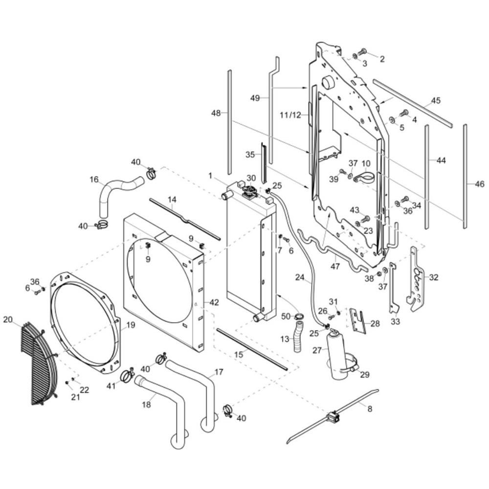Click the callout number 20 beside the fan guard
coord(8,320)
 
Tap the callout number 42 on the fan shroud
coord(214,302)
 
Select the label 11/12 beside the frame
coord(290,115)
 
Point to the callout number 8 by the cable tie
coord(370,408)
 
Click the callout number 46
coord(480,184)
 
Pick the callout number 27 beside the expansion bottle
coord(317,350)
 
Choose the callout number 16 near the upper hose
coord(94,179)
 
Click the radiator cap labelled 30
coord(250,192)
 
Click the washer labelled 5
coord(391,120)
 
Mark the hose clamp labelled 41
coord(127,375)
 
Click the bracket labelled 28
coord(357,320)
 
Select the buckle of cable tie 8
coord(333,417)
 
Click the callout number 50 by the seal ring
coord(286,316)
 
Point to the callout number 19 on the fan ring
coord(131,325)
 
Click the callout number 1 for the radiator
coord(210,176)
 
